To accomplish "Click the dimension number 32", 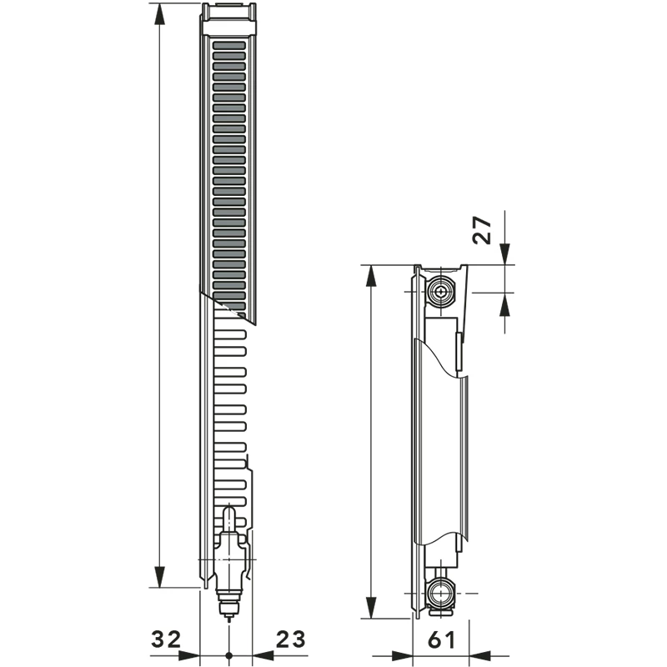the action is click(166, 639).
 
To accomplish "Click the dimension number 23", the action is click(291, 639).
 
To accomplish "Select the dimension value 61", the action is click(442, 639).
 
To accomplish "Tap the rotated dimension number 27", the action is click(482, 230).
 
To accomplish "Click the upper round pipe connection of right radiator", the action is click(442, 293).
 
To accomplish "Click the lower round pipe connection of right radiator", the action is click(442, 593).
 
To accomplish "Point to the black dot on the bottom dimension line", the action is click(228, 655).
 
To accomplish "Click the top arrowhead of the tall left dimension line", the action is click(159, 14).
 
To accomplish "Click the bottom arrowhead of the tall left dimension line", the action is click(159, 577).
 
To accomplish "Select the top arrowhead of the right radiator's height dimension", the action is click(371, 276).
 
